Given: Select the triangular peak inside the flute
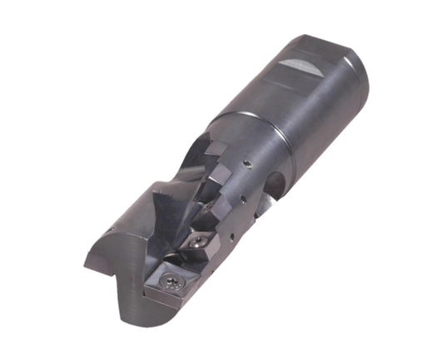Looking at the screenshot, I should coord(156,199).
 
